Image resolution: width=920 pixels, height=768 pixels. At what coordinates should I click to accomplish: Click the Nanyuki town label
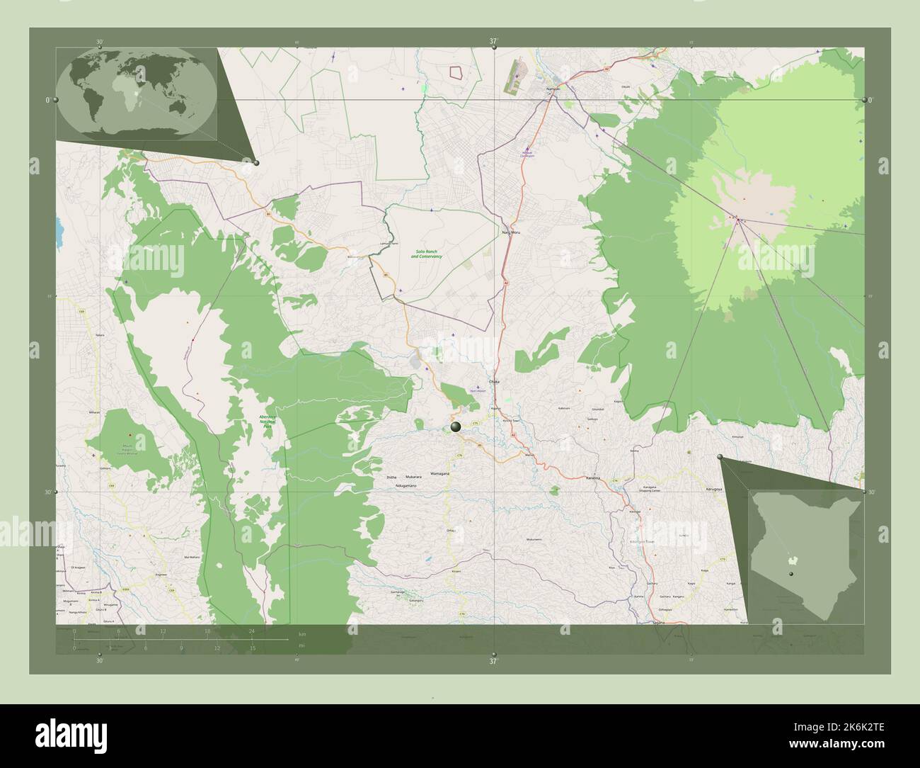pos(553,89)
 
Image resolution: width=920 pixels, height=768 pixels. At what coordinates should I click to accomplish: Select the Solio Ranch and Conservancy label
pos(426,253)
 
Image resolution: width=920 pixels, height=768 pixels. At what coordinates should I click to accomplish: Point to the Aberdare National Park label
pos(266,422)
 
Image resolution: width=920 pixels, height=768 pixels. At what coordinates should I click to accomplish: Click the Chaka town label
pos(494,381)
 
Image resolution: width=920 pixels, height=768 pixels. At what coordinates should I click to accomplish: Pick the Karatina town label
pos(592,478)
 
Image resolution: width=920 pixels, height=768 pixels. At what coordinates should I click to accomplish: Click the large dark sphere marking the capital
pos(456,427)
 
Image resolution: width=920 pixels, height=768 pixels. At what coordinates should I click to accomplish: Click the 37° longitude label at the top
pos(493,42)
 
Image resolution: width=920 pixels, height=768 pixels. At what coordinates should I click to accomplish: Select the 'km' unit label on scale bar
pos(302,633)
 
